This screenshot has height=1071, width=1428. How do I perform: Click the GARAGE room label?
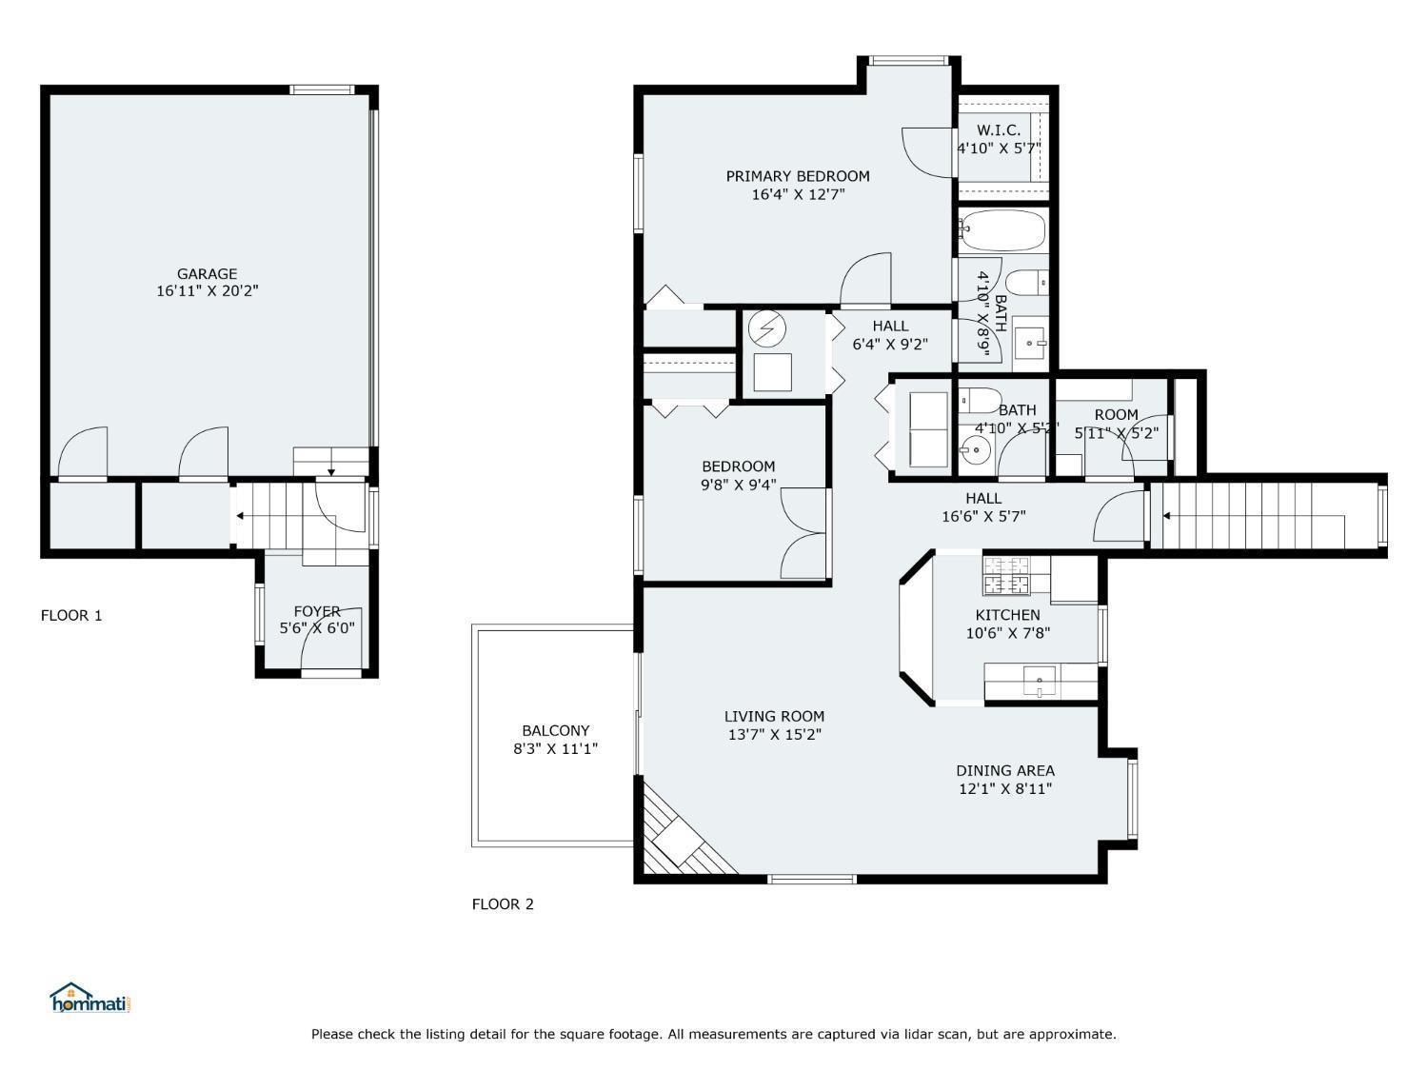(207, 274)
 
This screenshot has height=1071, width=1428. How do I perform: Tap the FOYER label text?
(317, 611)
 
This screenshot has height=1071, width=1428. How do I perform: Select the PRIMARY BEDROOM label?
(798, 176)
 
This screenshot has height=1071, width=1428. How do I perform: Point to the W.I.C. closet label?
(999, 130)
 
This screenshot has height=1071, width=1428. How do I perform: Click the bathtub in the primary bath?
(1002, 230)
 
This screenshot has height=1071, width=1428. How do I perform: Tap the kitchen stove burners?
(1005, 576)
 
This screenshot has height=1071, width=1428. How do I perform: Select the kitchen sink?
(1040, 681)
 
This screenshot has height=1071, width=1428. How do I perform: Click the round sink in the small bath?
(975, 449)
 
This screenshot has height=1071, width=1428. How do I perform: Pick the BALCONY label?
(556, 730)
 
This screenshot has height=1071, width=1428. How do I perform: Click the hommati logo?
(90, 998)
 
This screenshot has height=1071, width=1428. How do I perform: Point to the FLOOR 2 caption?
(503, 903)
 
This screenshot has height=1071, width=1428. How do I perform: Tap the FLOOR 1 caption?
(71, 615)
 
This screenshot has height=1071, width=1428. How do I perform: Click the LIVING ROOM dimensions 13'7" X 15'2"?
(774, 734)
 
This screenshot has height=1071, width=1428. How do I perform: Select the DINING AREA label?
(1005, 770)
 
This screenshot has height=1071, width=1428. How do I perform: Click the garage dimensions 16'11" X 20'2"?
(207, 290)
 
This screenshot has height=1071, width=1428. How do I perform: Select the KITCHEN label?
(1007, 614)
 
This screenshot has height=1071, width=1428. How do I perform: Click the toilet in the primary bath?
(1026, 283)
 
